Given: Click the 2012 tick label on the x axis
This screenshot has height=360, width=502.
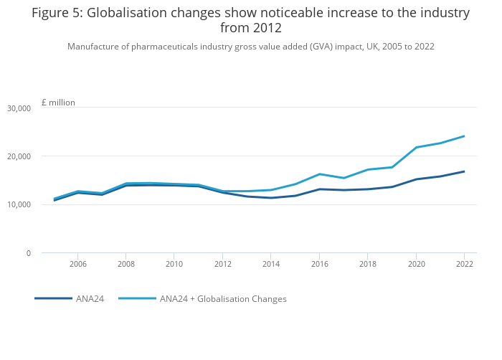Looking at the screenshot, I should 223,264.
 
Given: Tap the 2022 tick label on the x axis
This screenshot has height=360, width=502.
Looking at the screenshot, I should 464,264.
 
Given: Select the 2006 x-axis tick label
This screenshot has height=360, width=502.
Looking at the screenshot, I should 78,264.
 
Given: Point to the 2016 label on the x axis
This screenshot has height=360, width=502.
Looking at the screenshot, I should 319,264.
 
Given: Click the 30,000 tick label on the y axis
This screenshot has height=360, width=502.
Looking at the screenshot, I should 19,108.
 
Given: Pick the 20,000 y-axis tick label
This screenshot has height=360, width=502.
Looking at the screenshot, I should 19,156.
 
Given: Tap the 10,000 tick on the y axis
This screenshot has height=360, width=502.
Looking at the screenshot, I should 19,205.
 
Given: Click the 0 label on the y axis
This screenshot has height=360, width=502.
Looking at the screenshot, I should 28,253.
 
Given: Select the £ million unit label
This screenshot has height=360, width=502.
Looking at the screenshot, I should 58,103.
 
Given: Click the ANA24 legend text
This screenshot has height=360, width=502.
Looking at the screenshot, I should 90,299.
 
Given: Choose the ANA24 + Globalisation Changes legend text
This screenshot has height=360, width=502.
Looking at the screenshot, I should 223,299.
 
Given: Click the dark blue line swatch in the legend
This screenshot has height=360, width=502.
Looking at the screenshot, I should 53,298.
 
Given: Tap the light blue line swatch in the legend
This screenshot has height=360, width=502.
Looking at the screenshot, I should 137,298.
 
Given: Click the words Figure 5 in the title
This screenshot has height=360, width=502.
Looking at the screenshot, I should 56,13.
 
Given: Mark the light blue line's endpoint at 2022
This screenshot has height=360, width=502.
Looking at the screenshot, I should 464,136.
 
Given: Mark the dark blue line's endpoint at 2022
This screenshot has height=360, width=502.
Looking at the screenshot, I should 464,171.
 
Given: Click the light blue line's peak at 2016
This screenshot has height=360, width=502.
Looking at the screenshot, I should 319,174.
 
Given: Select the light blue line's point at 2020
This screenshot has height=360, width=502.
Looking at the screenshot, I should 416,147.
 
